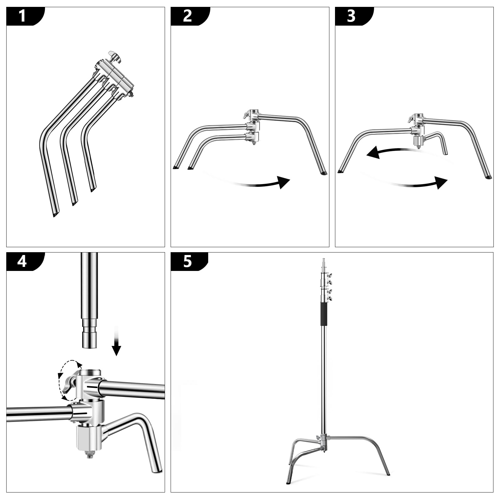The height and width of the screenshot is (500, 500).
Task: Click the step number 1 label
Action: click(22, 16)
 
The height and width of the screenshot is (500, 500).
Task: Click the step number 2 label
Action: click(187, 16)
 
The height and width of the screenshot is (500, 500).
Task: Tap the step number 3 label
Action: click(351, 16)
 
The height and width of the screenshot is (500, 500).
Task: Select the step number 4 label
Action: click(22, 261)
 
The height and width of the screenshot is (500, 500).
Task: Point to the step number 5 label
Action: click(187, 261)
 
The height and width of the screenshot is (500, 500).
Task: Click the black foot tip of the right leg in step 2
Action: click(323, 172)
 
